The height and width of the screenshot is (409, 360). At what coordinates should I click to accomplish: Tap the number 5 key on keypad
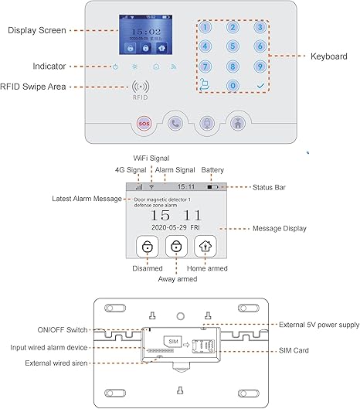pyautogui.click(x=232, y=46)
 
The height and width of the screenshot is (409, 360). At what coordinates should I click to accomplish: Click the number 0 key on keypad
pyautogui.click(x=232, y=85)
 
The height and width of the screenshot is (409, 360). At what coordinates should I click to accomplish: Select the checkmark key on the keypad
pyautogui.click(x=260, y=85)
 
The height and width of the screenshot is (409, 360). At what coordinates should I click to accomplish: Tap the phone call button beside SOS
pyautogui.click(x=175, y=122)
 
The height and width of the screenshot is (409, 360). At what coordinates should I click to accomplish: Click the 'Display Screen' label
pyautogui.click(x=36, y=30)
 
